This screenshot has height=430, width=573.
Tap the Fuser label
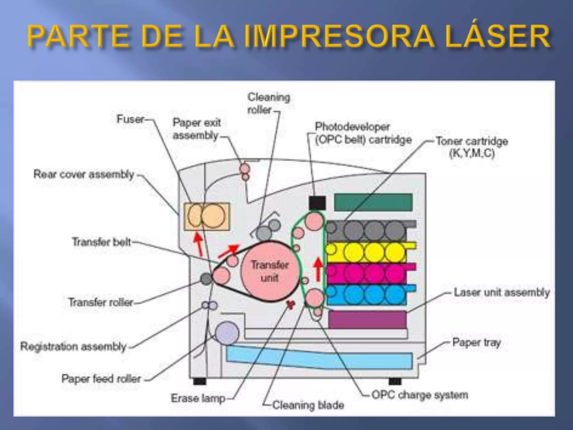[130, 119]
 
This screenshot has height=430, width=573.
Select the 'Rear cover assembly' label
[84, 174]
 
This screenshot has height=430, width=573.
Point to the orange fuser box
[206, 216]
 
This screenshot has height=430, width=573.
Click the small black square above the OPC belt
[317, 203]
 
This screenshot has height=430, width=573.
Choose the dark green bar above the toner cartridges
[373, 202]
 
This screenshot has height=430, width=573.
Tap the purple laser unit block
[367, 319]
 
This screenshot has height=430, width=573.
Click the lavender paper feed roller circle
[227, 333]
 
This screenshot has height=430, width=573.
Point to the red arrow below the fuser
[199, 244]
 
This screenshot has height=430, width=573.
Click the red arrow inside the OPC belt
[318, 270]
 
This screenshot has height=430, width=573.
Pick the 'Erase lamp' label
[198, 398]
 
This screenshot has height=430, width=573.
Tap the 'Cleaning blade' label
[308, 405]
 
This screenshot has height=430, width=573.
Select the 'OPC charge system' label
[420, 395]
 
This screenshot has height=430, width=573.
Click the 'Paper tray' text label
[476, 342]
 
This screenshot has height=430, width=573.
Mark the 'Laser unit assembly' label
[502, 292]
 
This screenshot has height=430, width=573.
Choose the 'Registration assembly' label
[73, 347]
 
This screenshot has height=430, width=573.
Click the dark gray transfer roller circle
[206, 279]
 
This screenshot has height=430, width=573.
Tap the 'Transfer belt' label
[101, 242]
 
